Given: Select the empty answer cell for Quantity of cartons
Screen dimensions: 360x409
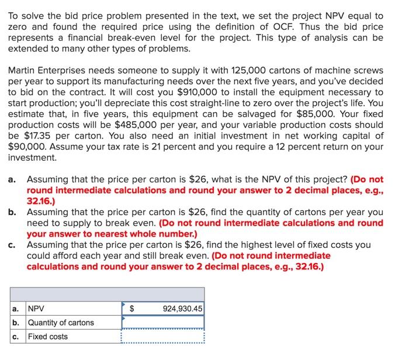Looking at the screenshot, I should coord(163,323).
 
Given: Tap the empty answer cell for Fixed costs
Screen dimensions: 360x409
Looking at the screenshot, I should coord(163,337).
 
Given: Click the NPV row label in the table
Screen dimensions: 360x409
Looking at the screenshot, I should coord(36,309).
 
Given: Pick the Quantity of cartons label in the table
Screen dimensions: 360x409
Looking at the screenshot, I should coord(61,323).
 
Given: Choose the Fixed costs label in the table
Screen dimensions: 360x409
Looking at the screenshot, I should coord(48,337).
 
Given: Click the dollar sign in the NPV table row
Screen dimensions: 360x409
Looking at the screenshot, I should coord(131,309).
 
